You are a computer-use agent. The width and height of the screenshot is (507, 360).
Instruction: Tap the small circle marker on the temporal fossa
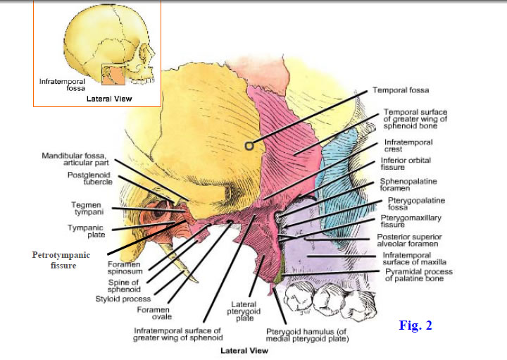pos(249,146)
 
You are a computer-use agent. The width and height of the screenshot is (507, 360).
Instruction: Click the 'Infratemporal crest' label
pos(408,146)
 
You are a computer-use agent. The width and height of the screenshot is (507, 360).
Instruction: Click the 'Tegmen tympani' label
pos(87,208)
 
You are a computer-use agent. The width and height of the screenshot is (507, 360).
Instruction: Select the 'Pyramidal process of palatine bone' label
pos(418,275)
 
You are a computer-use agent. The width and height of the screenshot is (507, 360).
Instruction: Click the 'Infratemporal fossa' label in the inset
pos(62,85)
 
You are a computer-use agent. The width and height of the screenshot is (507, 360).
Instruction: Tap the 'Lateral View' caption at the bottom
pos(244,349)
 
